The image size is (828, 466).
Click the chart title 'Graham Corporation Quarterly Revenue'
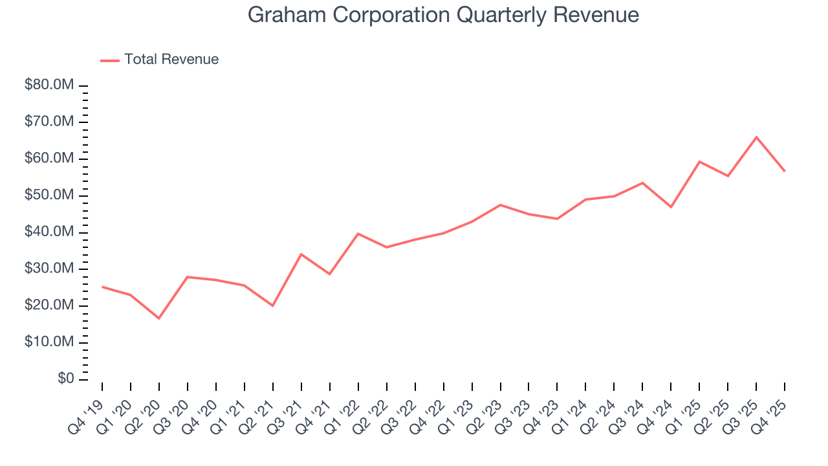[443, 15]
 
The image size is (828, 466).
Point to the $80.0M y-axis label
[49, 85]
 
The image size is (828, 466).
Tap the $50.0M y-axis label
[49, 195]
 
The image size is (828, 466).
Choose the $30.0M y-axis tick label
[49, 269]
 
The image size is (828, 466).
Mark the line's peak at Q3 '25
[756, 137]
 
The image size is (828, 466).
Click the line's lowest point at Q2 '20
[159, 318]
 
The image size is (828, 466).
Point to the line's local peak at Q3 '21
[301, 254]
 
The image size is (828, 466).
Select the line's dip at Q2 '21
[273, 305]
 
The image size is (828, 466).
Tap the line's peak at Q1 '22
[358, 234]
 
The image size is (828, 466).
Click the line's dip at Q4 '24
[671, 207]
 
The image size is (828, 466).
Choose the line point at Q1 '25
[699, 162]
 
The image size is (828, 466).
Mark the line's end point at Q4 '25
[785, 171]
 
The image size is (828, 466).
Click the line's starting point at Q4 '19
[102, 287]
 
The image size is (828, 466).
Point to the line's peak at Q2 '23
[500, 205]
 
